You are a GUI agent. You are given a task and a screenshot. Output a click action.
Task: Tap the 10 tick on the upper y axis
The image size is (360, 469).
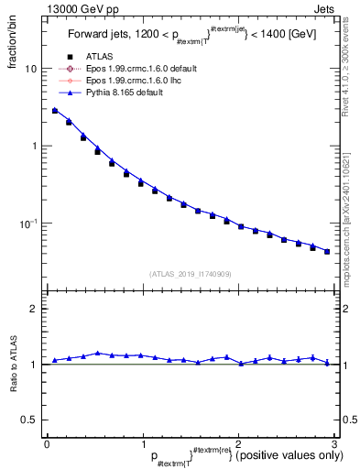[x=31, y=69]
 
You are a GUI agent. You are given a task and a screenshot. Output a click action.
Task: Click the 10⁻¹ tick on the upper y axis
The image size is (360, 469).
[x=28, y=224]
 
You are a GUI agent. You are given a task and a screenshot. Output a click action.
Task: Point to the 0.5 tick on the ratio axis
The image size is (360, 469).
[x=29, y=420]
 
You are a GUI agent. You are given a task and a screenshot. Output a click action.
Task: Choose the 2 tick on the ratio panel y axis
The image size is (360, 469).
[x=33, y=310]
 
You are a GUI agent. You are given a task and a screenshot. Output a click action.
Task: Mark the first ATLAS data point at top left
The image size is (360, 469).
[x=55, y=111]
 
